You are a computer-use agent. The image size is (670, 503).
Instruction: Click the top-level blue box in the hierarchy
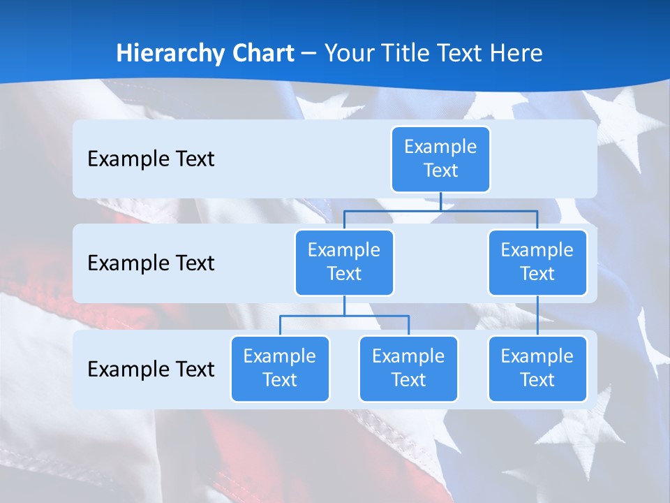point(440,159)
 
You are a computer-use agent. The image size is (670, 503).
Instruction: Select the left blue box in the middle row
point(344,263)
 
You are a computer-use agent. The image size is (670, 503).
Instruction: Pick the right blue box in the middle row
point(537,263)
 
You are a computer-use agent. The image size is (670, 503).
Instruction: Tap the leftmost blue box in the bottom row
point(280,369)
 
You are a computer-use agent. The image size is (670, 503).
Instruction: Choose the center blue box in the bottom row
point(408,369)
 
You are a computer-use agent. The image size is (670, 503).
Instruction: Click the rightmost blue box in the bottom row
point(537,369)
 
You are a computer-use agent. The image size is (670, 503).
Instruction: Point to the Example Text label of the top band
point(151,159)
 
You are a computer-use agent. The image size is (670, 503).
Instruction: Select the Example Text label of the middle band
point(151,263)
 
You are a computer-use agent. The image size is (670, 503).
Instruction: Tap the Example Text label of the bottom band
point(151,369)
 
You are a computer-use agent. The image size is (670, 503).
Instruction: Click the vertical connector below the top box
point(440,201)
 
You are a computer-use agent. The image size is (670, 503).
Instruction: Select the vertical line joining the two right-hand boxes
point(537,316)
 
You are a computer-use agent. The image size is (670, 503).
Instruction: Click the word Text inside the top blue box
point(440,170)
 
